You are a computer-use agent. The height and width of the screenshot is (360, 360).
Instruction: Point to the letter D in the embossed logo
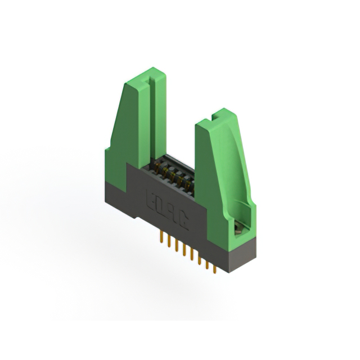point(161,207)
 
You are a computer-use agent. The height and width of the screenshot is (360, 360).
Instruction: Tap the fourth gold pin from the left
point(179,249)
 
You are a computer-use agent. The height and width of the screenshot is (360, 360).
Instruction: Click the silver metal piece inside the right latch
point(238,227)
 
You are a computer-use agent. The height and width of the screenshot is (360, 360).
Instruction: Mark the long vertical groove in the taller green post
point(147,124)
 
